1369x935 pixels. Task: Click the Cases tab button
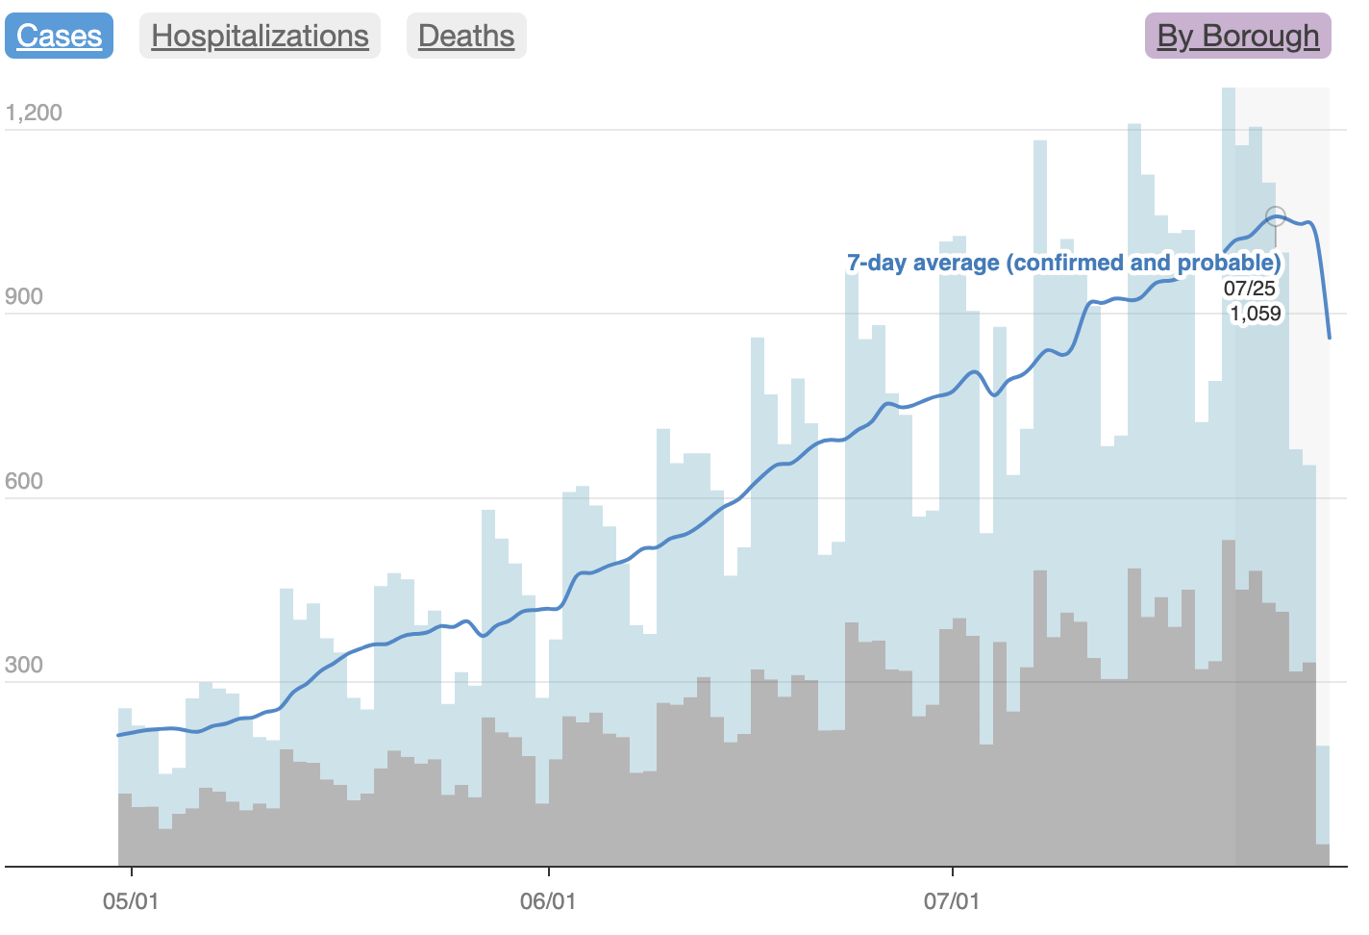point(59,36)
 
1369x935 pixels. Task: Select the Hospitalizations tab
point(260,36)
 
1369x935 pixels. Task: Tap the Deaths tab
point(466,36)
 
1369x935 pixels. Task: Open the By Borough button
point(1237,36)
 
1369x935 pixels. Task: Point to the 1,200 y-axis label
point(34,113)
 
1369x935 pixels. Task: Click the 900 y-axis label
point(24,296)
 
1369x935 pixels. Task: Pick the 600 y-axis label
point(24,481)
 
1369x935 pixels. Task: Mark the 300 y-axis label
point(24,665)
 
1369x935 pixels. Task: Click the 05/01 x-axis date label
point(131,901)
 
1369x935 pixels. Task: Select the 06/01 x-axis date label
point(548,901)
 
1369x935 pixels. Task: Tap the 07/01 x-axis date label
point(952,901)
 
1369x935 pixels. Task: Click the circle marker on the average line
point(1276,216)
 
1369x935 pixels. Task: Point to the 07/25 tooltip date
point(1250,288)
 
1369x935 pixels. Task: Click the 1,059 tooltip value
point(1256,313)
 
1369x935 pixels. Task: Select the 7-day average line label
point(1063,263)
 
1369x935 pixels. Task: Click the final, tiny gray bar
point(1323,855)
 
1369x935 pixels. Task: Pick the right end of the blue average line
point(1330,338)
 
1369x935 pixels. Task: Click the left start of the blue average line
point(119,735)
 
